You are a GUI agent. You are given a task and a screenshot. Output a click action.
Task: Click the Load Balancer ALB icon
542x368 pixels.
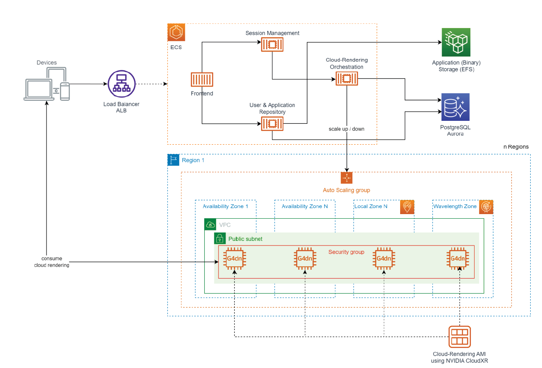[x=121, y=84]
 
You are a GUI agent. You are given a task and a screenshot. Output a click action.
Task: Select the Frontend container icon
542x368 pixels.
[x=202, y=80]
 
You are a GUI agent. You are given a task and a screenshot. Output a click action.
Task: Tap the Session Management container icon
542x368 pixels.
[x=272, y=44]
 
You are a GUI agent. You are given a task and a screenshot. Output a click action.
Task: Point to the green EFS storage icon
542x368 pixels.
[x=456, y=42]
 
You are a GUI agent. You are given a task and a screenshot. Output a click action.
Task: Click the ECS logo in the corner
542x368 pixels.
[x=176, y=32]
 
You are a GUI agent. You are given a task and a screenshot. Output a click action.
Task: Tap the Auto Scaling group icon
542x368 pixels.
[x=347, y=178]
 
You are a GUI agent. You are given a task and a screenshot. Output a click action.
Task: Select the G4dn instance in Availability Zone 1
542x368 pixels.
[x=235, y=258]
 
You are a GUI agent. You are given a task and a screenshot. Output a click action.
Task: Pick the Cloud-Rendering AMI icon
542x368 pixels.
[x=459, y=337]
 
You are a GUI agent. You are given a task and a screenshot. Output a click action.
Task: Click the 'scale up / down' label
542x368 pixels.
[x=347, y=129]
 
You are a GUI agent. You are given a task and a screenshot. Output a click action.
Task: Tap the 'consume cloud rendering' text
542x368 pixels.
[x=51, y=262]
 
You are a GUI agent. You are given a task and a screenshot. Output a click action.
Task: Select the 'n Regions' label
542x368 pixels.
[x=516, y=147]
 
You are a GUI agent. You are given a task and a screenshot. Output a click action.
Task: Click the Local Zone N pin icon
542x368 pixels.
[x=407, y=207]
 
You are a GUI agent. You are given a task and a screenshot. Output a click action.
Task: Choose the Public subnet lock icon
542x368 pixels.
[x=220, y=239]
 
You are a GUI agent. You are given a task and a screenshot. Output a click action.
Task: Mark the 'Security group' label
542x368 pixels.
[x=346, y=252]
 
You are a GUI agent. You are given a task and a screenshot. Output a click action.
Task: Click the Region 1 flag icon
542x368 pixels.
[x=173, y=160]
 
